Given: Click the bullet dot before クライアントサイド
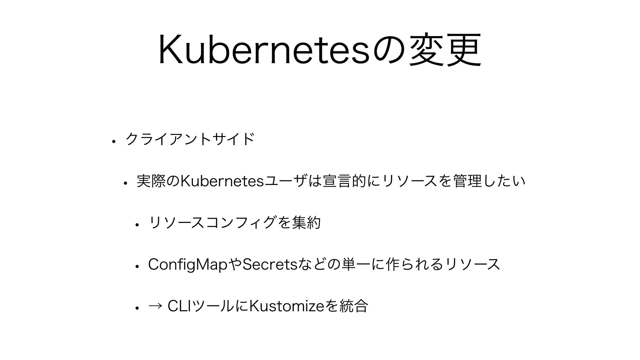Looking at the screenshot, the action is click(114, 141).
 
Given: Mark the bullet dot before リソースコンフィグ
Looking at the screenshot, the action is click(136, 224).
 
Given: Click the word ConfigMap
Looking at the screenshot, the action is click(188, 265).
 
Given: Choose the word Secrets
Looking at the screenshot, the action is click(270, 264).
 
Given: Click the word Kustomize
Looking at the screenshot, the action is click(286, 306).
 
